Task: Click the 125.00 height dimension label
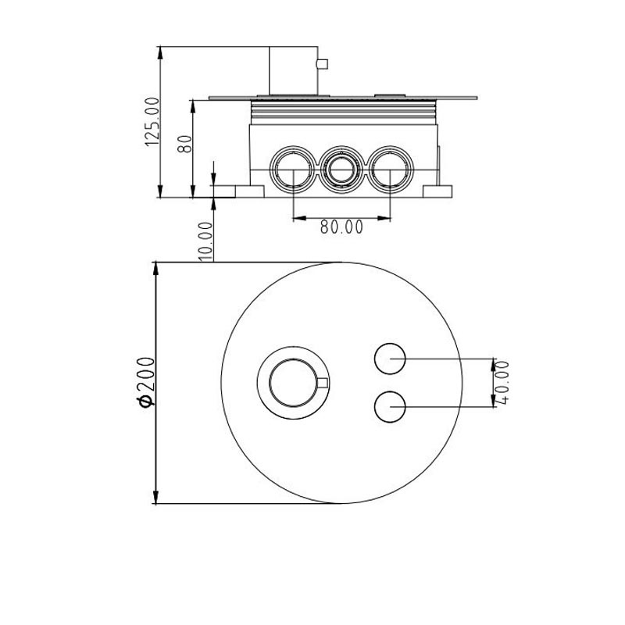click(x=152, y=122)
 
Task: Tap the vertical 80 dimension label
click(x=185, y=144)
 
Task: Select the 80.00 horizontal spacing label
click(x=341, y=227)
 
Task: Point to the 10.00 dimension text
click(x=205, y=241)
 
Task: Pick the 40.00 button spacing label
click(x=503, y=382)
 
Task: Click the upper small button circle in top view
click(x=390, y=359)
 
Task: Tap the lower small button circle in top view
click(x=390, y=406)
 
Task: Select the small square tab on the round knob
click(x=323, y=383)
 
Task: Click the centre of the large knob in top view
click(x=293, y=383)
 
